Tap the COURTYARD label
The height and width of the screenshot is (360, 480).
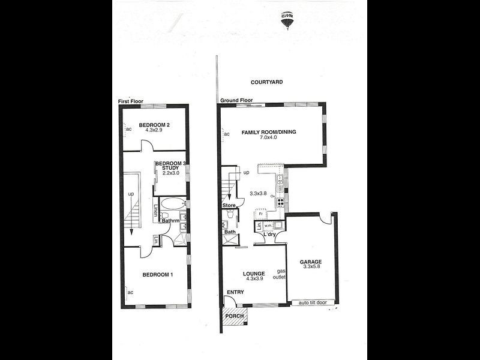[268, 82]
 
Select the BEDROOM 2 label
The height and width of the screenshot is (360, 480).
[155, 125]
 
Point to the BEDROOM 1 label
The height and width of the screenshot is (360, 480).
[158, 275]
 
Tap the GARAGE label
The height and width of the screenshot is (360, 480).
[311, 262]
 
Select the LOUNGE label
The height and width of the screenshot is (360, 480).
[254, 274]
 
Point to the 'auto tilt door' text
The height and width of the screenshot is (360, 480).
[313, 302]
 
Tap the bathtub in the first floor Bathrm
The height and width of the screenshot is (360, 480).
[173, 203]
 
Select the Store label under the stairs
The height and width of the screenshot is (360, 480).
[229, 205]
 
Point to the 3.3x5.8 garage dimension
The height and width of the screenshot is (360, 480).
[311, 268]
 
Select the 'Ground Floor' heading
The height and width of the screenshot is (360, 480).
[236, 100]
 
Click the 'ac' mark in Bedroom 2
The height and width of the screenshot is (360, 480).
[128, 128]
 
